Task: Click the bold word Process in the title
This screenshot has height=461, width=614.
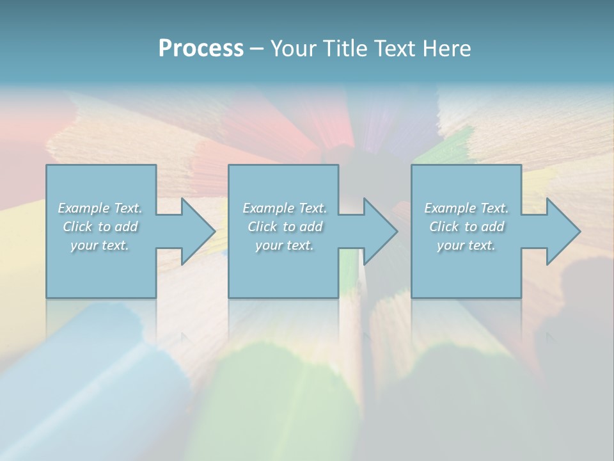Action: tap(201, 49)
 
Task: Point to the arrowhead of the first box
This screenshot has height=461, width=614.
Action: tap(198, 231)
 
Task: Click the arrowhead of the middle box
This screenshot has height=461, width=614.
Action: tap(381, 231)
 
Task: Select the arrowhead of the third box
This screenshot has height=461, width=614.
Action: tap(563, 231)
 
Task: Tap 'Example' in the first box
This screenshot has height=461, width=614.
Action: tap(84, 208)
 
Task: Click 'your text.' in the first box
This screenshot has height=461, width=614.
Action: tap(100, 245)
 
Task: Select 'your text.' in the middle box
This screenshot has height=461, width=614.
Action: tap(285, 245)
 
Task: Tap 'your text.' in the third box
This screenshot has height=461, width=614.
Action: tap(466, 245)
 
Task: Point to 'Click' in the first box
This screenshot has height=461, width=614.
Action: tap(77, 227)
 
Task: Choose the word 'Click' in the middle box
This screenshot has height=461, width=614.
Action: tap(262, 227)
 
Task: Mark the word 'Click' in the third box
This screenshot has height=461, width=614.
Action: tap(443, 227)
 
